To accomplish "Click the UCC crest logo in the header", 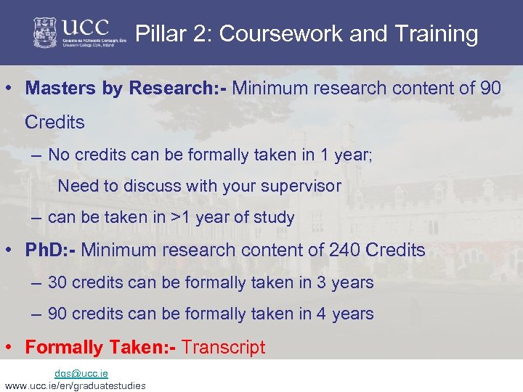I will [47, 33].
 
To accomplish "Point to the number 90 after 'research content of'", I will [490, 89].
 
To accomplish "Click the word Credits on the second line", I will [54, 122].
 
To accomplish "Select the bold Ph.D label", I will [51, 250].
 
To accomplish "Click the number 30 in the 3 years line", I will [58, 282].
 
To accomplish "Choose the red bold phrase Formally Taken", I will [100, 347].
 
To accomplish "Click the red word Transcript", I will [224, 347].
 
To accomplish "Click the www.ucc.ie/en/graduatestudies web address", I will [75, 385].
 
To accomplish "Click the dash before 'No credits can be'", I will [36, 155].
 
